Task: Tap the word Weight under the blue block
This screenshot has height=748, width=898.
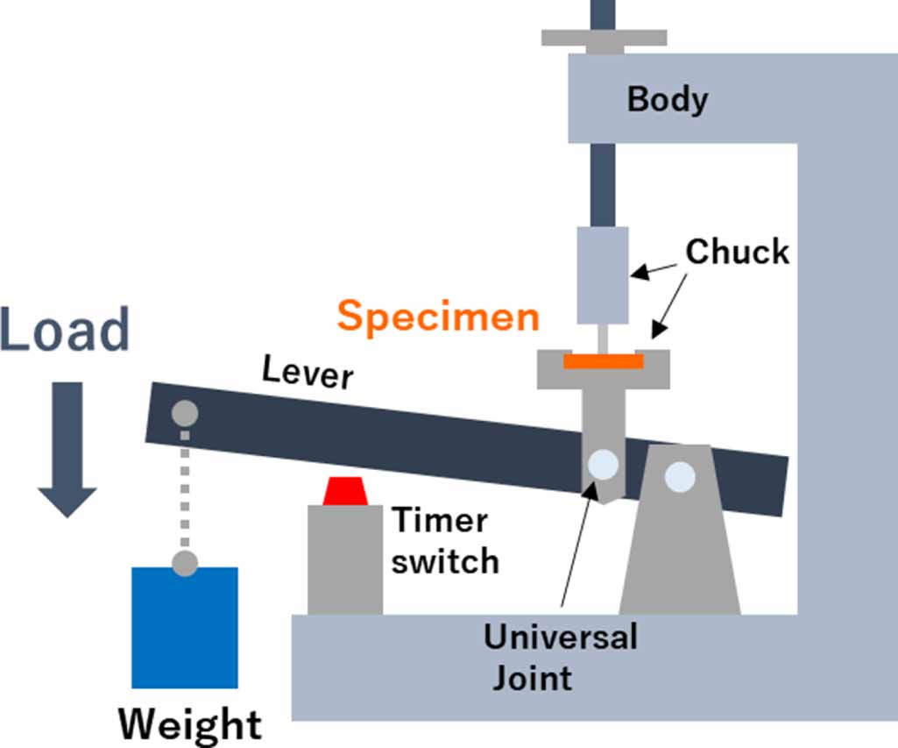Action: pyautogui.click(x=190, y=725)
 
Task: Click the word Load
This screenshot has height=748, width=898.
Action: pyautogui.click(x=66, y=331)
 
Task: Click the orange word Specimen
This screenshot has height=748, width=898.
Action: pyautogui.click(x=438, y=316)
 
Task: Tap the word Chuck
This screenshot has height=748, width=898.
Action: pyautogui.click(x=737, y=252)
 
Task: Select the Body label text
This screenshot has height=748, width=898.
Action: pyautogui.click(x=668, y=99)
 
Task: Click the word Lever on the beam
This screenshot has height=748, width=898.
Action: pyautogui.click(x=308, y=374)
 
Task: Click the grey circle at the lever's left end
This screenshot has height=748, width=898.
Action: pyautogui.click(x=185, y=411)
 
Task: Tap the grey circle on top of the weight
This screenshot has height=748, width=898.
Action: pyautogui.click(x=184, y=563)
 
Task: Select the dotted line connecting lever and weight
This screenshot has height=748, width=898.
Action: pyautogui.click(x=185, y=487)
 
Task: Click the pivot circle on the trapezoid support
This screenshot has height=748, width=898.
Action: pyautogui.click(x=680, y=477)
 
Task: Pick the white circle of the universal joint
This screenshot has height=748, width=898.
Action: pyautogui.click(x=604, y=464)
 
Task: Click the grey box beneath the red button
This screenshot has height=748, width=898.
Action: pyautogui.click(x=345, y=559)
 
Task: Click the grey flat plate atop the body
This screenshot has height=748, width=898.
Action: pyautogui.click(x=604, y=38)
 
